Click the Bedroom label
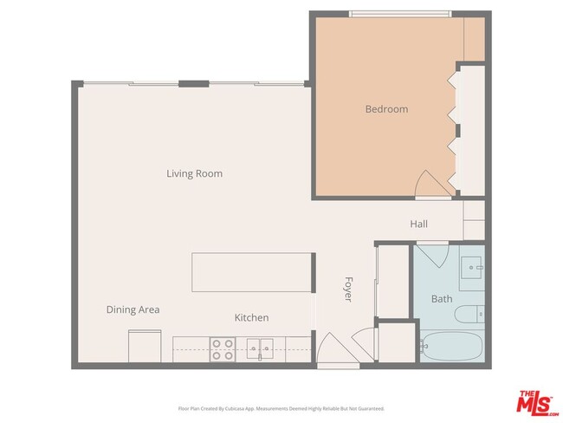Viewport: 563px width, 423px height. pos(386,109)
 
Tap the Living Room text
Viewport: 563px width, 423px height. pos(194,173)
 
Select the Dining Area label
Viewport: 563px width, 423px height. pos(133,309)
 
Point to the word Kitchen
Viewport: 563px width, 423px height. pos(251,318)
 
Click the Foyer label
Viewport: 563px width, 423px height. pos(348,289)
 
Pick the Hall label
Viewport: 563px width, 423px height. pos(418,225)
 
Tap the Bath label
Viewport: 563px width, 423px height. pos(442,299)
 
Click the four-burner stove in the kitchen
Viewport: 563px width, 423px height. pos(223,349)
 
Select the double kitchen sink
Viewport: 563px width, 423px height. pos(258,349)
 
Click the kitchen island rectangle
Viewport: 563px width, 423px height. pos(252,272)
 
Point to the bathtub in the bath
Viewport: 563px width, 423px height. pos(450,346)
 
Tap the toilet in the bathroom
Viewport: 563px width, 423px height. pos(471,314)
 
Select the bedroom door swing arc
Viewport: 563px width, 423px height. pos(430,185)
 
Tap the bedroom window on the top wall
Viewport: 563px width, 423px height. pos(399,13)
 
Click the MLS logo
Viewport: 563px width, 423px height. pos(538,403)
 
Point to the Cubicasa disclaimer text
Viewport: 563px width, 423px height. pos(281,408)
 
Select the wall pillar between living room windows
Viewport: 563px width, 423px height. pos(194,84)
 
